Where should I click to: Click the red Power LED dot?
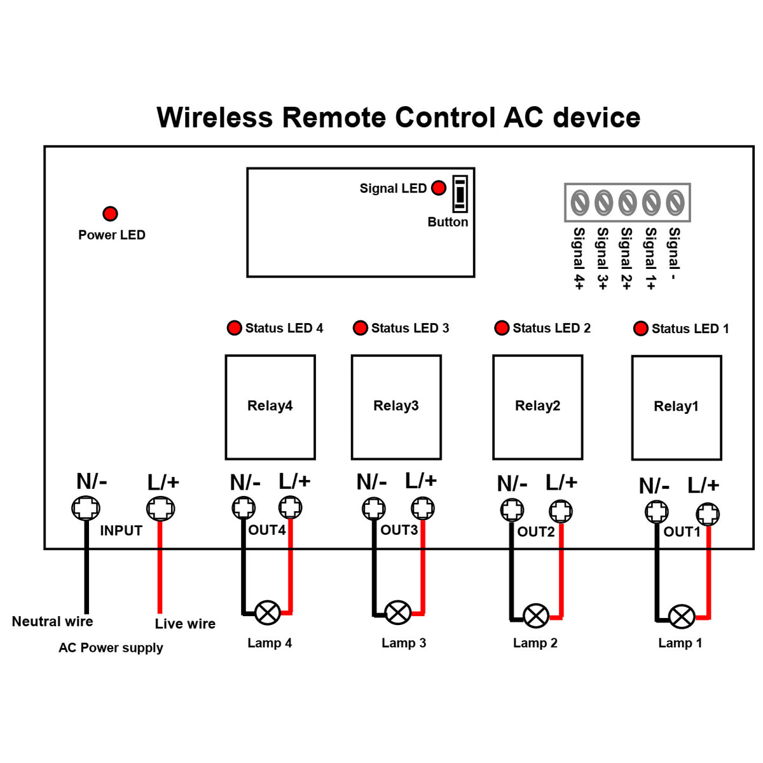point(110,214)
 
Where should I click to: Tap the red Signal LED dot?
point(439,188)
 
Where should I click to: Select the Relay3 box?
point(396,407)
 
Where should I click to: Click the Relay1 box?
point(677,408)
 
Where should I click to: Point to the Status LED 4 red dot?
point(235,328)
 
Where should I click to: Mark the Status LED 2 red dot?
point(502,328)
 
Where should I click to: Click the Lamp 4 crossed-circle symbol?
point(268,613)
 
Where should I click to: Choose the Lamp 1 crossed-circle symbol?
point(682,617)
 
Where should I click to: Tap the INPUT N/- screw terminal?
point(85,508)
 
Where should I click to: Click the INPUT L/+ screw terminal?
point(160,509)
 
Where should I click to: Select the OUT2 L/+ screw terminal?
point(560,511)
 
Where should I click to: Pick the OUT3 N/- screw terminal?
point(374,508)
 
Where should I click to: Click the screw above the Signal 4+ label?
point(579,203)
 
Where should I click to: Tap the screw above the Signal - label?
point(675,203)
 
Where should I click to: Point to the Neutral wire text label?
point(52,622)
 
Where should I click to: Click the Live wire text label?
point(185,624)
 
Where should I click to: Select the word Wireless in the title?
point(214,118)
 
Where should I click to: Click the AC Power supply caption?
point(111,648)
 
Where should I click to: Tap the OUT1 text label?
point(682,532)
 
